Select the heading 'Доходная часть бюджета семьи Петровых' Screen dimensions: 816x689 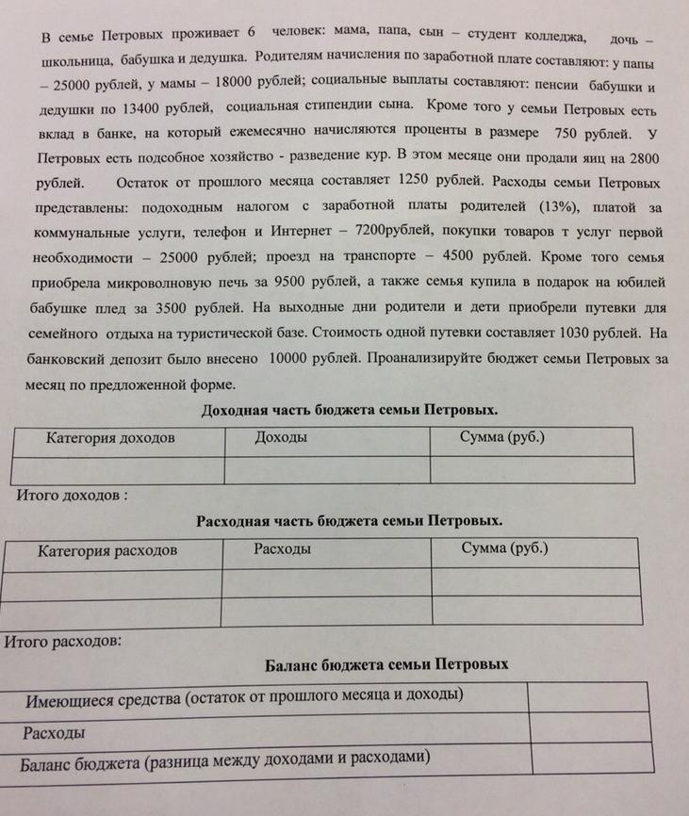click(x=349, y=411)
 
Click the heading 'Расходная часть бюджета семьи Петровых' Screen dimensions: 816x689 click(x=349, y=521)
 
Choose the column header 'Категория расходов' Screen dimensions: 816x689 click(x=107, y=550)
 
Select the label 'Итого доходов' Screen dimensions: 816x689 click(x=66, y=494)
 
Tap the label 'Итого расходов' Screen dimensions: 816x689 click(x=63, y=643)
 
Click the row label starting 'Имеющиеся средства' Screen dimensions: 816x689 click(x=243, y=697)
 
